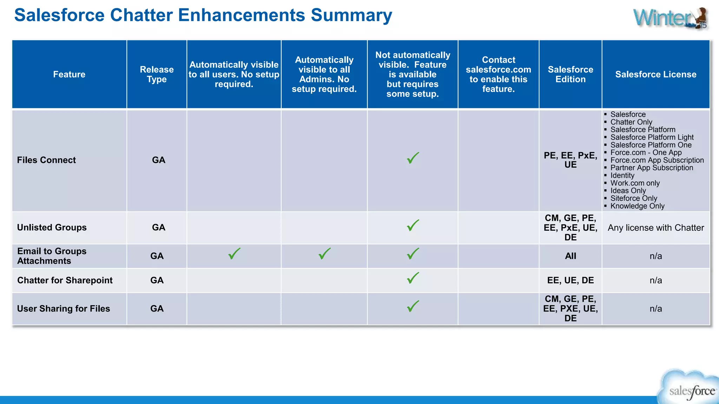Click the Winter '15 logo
click(671, 18)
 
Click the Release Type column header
click(157, 74)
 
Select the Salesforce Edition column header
click(570, 74)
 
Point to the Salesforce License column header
click(655, 74)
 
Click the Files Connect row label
click(46, 160)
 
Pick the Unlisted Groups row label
click(52, 228)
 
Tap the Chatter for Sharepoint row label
click(65, 281)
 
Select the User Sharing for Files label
click(64, 309)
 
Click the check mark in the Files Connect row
click(413, 158)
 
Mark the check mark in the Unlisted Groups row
click(413, 225)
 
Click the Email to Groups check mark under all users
click(234, 254)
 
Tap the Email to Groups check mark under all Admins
click(324, 254)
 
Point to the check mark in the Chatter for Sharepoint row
click(413, 278)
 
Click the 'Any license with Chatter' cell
click(655, 228)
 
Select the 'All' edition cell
click(570, 256)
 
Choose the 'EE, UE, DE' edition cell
click(570, 281)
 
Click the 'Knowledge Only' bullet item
click(637, 206)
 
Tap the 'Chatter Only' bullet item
click(631, 122)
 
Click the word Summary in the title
click(351, 15)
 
